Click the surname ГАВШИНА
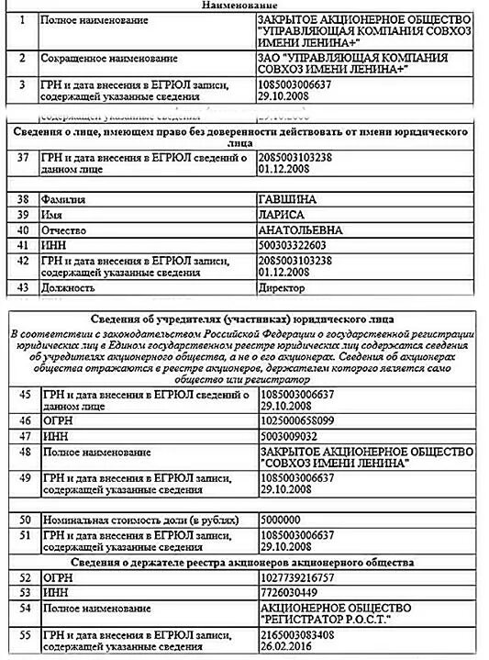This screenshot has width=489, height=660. [x=287, y=198]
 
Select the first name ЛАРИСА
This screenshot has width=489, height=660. [x=282, y=214]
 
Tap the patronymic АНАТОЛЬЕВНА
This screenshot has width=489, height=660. [x=299, y=229]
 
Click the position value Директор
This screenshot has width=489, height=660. [x=285, y=287]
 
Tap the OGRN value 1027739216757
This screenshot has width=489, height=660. [x=300, y=577]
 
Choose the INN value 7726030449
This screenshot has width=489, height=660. [x=292, y=593]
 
